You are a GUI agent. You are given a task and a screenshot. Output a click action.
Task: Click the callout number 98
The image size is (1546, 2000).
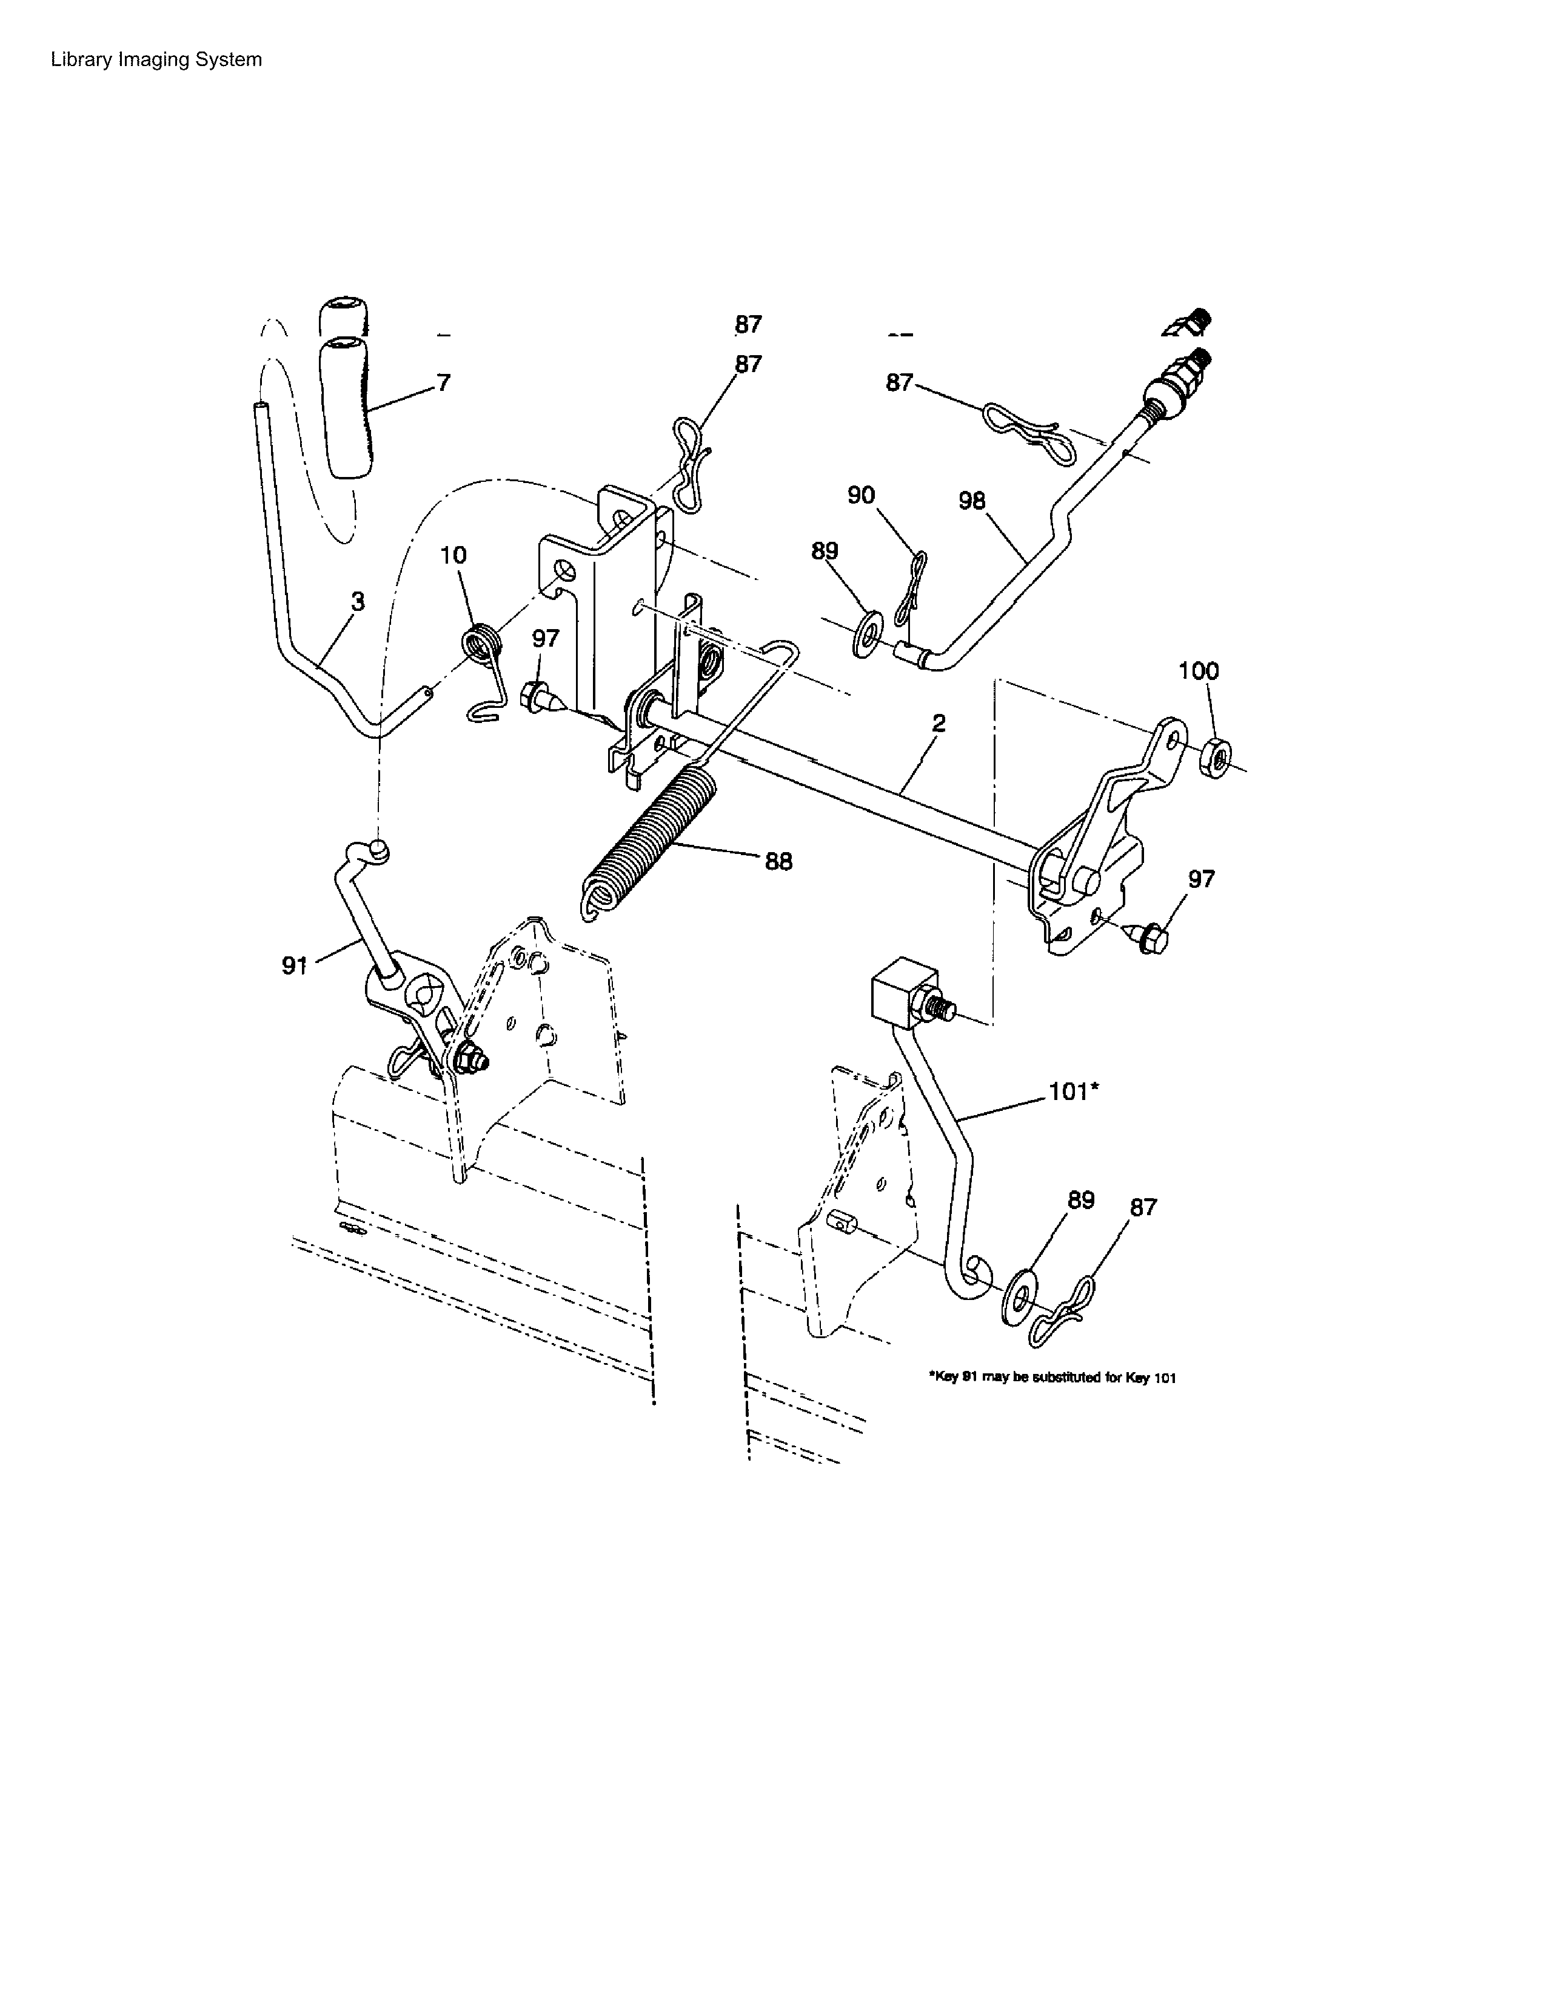click(x=972, y=501)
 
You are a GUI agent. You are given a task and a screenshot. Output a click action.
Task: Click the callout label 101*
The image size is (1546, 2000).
click(x=1073, y=1091)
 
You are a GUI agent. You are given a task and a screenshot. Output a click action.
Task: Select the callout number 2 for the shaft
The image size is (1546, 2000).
click(x=939, y=724)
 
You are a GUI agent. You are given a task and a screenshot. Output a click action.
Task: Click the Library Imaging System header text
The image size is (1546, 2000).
click(x=156, y=59)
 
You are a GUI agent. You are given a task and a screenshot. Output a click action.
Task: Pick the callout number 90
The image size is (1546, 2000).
click(x=861, y=495)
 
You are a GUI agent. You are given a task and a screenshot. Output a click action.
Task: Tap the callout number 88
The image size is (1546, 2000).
click(x=778, y=861)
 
